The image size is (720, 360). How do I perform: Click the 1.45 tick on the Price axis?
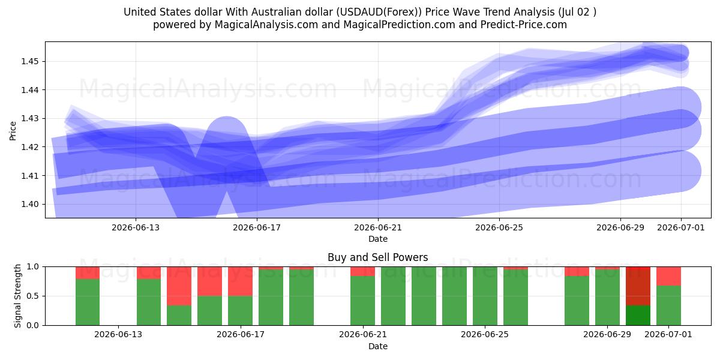30,61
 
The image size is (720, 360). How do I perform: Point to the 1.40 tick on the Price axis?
30,204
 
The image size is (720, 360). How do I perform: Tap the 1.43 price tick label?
30,119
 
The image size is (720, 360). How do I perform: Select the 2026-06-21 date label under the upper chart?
378,227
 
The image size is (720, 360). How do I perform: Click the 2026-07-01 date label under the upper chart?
681,227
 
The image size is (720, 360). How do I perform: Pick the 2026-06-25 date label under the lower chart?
485,335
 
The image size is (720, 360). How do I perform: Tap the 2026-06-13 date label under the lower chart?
118,335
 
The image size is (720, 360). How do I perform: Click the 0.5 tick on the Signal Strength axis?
32,296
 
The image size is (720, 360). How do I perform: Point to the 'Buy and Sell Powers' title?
377,257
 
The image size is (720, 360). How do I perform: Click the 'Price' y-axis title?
13,131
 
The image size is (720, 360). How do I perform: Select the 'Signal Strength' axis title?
17,296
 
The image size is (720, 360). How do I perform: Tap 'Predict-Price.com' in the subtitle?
524,25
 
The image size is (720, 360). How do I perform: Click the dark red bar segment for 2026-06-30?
638,286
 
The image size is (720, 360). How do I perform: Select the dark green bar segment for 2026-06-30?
638,316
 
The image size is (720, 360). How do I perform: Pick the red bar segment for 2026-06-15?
179,286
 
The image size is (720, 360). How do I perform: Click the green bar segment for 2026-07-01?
668,305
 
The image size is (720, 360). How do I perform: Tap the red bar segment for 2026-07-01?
668,276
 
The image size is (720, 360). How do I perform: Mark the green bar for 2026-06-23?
424,296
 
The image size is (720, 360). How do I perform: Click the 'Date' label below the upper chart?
378,239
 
